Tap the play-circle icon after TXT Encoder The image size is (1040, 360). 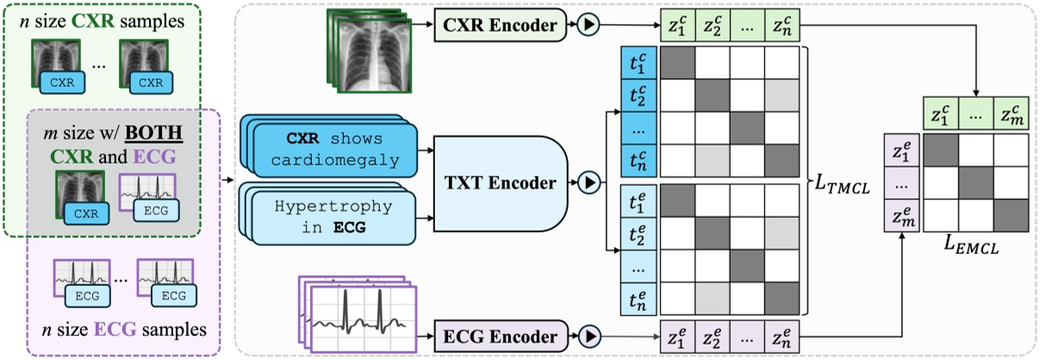590,183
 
